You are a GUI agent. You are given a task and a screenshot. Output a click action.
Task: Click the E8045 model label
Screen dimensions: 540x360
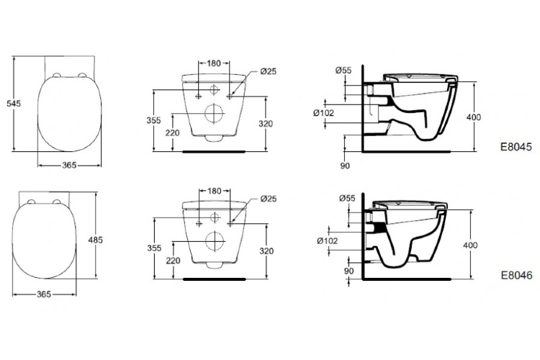point(516,147)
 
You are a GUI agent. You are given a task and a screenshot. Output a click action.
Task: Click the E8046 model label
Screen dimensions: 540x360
point(516,275)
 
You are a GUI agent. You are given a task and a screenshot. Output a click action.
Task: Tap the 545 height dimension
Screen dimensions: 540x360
point(14,104)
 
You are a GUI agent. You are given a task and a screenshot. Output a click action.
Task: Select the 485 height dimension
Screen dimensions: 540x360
point(95,240)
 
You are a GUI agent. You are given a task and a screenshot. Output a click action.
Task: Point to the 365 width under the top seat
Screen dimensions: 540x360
point(69,166)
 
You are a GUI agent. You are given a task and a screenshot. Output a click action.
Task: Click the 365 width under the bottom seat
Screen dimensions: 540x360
point(44,294)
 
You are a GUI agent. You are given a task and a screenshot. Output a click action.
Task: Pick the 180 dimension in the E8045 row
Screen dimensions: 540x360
point(214,63)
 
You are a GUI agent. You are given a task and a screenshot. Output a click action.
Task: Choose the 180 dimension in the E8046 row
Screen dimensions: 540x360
point(215,191)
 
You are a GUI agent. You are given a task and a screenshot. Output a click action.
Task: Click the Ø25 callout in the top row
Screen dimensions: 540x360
point(269,71)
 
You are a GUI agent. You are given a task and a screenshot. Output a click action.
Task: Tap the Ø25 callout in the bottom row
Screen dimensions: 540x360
point(269,199)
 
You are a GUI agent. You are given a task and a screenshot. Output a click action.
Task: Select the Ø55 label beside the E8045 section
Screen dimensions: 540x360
point(343,71)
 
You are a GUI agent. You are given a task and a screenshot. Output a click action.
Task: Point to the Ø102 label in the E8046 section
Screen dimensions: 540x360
point(328,240)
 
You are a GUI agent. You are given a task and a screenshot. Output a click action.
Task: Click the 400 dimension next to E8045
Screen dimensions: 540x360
point(474,117)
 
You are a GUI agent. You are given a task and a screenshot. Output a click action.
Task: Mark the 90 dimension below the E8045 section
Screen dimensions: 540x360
point(345,166)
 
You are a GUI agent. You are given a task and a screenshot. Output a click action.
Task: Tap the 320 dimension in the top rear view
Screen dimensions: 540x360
point(266,124)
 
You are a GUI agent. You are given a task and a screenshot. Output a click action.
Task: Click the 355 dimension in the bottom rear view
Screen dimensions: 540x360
point(154,248)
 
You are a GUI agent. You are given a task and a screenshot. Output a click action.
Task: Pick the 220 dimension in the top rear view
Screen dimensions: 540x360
point(173,132)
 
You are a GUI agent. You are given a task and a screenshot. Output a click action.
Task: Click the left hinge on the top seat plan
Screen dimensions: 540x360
point(56,75)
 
